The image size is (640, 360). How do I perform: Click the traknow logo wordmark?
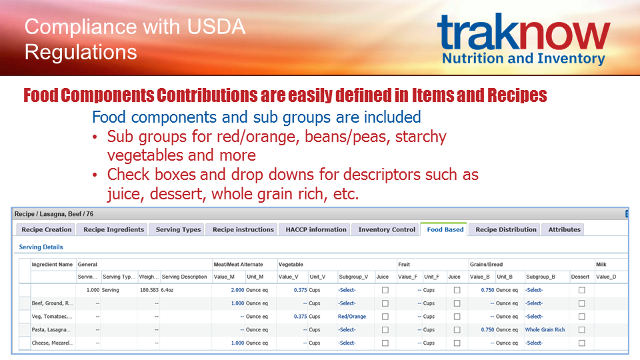point(524,31)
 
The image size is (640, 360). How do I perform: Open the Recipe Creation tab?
point(46,229)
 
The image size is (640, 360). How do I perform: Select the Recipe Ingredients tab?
point(113,229)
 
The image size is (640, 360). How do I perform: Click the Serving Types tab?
point(178,229)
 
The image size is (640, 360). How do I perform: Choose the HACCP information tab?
point(316,229)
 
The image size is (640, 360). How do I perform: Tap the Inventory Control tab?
point(387,229)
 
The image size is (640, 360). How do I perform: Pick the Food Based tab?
point(445,229)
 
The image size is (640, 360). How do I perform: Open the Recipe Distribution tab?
point(506,229)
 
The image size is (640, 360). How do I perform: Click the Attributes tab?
point(564,229)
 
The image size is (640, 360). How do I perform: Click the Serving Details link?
point(41,247)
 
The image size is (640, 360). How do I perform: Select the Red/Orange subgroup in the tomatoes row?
point(352,316)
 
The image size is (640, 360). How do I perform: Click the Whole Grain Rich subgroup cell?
point(545,329)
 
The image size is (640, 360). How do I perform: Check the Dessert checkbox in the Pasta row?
point(581,329)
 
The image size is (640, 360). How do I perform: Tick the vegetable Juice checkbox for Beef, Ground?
point(385,303)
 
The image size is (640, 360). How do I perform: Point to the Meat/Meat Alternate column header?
point(239,264)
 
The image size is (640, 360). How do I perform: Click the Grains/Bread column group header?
point(486,264)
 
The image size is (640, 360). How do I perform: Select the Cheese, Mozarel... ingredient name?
point(53,343)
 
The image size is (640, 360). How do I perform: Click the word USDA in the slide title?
point(216,27)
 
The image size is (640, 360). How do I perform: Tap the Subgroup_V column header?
point(353,277)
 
